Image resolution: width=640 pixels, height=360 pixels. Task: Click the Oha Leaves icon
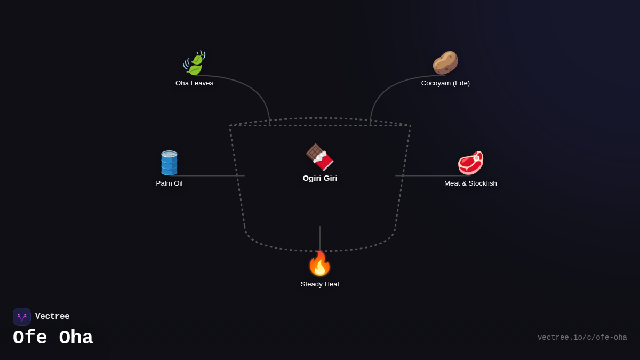point(194,63)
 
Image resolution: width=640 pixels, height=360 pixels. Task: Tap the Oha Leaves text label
point(194,83)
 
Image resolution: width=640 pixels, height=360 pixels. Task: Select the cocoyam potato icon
point(445,62)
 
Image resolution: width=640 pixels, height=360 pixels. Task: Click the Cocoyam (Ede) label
point(445,83)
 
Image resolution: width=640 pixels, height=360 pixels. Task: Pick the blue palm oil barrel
point(169,163)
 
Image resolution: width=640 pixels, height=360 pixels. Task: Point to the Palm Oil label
point(169,183)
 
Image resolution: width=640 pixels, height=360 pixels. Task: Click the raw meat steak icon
point(470,163)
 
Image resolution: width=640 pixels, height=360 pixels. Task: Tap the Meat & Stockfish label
point(470,183)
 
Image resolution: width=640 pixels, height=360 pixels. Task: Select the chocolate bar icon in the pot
point(319,157)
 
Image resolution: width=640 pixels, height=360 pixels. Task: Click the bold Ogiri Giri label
point(320,178)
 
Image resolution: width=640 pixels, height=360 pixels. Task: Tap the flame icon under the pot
point(319,263)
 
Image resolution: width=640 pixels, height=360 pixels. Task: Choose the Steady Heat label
point(320,284)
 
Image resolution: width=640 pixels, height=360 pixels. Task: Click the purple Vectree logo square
point(22,317)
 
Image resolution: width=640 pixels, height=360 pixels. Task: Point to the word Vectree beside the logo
point(52,317)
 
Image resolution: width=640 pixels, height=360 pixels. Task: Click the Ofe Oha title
point(53,338)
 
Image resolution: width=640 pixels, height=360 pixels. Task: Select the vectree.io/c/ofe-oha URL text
point(582,338)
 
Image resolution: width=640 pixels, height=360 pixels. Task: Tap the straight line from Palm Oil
point(213,176)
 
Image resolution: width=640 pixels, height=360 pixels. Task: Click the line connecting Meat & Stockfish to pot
point(427,176)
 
